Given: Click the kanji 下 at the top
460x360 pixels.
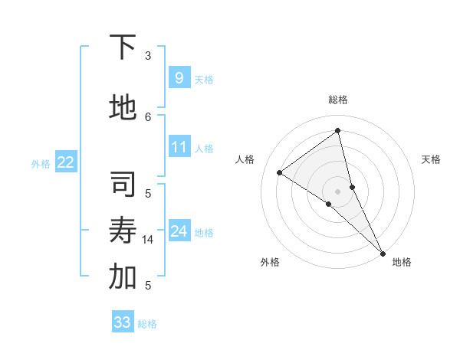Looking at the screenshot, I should pos(123,47).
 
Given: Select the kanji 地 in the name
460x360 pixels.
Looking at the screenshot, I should pos(123,108).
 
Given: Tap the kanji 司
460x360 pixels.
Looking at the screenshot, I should pos(123,185).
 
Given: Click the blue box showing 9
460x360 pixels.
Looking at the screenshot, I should pos(179,78).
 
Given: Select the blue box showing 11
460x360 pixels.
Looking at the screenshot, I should pos(179,147).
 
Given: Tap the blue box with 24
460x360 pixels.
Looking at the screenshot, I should pos(179,231).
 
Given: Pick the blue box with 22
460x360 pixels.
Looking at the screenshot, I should pos(66,162).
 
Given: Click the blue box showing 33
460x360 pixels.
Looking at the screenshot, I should pos(123,322).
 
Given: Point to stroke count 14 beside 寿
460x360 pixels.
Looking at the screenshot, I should pos(149,240).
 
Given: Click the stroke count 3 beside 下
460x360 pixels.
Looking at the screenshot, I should pos(148,56).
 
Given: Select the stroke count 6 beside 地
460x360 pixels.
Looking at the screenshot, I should pos(148,116).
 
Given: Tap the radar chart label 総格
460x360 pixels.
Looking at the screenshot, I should pos(337,100).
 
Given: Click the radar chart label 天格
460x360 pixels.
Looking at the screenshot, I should pos(431,159).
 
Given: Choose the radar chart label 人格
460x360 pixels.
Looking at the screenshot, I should pos(245,159).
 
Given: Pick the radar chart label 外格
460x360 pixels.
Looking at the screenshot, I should pos(270,262).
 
